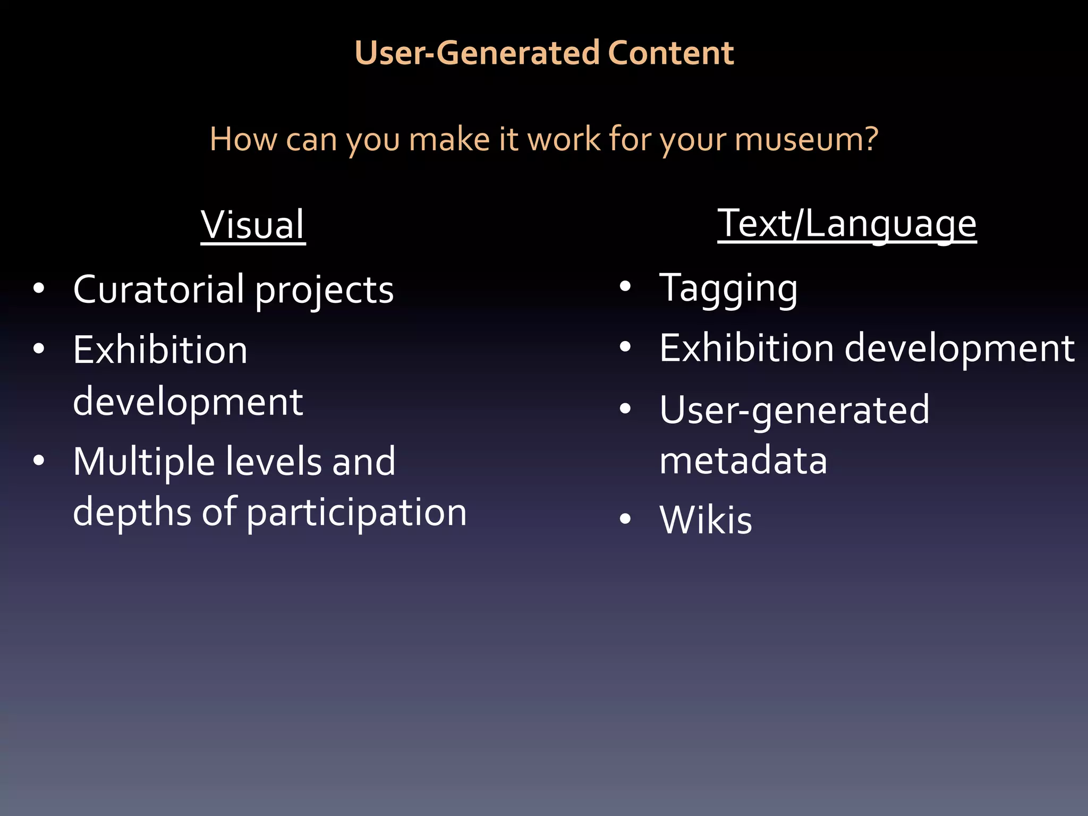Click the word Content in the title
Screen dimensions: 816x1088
tap(670, 53)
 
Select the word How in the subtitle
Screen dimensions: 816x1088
tap(242, 139)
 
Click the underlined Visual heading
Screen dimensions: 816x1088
tap(253, 225)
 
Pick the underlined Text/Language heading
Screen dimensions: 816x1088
tap(847, 224)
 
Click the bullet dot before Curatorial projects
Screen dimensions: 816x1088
tap(39, 289)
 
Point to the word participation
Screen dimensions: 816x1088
tap(356, 514)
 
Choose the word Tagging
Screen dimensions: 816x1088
tap(728, 290)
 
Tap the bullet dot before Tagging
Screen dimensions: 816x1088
tap(625, 287)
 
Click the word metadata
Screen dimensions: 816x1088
tap(743, 461)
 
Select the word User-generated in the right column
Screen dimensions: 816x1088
tap(794, 411)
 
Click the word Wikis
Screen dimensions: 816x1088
tap(705, 520)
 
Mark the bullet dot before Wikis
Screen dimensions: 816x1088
tap(625, 518)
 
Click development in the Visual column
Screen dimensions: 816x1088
tap(188, 402)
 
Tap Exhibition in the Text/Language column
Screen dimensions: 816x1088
tap(746, 349)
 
